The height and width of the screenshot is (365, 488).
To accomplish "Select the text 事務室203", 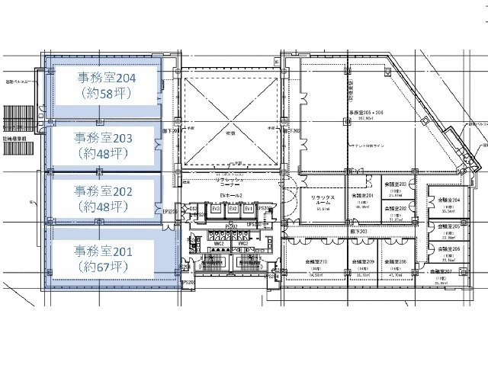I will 106,138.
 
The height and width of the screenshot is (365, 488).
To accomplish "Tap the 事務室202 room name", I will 106,190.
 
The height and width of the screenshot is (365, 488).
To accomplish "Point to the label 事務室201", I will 106,250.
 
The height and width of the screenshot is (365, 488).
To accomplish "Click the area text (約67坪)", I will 106,267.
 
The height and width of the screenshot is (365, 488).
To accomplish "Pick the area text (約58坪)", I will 106,94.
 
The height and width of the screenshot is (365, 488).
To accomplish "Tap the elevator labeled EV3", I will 216,209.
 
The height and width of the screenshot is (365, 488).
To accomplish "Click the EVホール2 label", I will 232,197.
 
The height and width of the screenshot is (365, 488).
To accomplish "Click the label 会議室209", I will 362,263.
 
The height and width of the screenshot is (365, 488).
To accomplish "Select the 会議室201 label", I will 362,196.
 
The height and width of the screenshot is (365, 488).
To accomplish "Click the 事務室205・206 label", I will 367,111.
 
